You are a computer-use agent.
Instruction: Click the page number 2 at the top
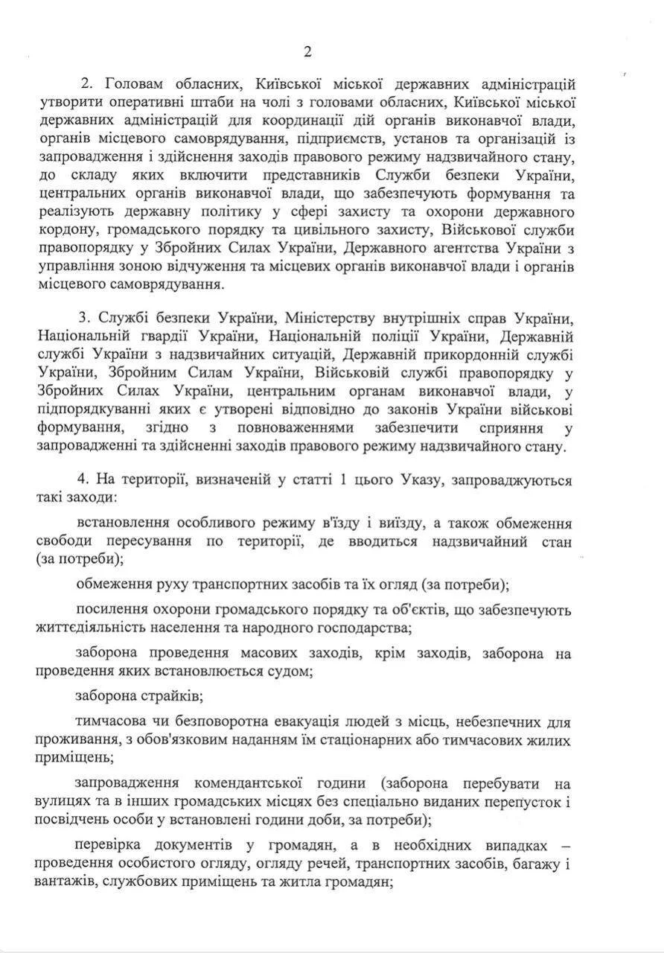(x=307, y=51)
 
